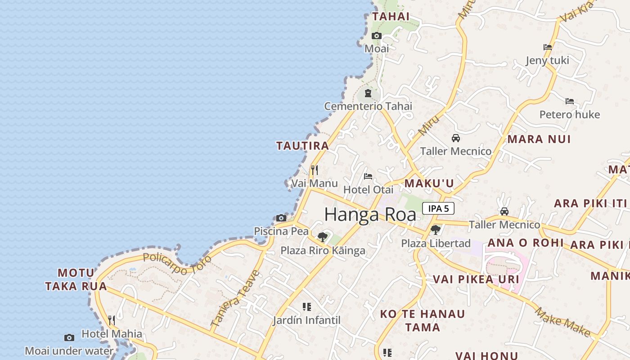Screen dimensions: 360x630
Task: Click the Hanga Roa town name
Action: click(370, 215)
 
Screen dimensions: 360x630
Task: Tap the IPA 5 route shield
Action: click(438, 208)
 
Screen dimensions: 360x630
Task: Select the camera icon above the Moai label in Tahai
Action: click(377, 36)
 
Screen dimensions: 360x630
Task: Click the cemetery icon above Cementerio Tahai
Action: click(368, 94)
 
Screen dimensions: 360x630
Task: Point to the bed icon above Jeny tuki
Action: click(548, 47)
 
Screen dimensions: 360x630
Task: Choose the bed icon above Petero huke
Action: click(570, 101)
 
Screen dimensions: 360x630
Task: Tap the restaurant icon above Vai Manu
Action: click(315, 170)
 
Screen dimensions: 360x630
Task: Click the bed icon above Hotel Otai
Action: click(368, 176)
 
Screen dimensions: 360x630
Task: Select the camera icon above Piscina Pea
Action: click(281, 218)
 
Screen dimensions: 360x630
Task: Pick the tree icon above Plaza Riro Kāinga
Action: click(322, 237)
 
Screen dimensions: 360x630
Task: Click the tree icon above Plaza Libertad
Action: click(435, 230)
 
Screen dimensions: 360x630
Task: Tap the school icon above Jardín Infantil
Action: click(307, 307)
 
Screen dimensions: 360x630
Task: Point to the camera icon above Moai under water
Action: click(69, 337)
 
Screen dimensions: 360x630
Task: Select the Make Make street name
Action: click(562, 322)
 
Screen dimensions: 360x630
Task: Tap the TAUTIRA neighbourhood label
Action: click(302, 146)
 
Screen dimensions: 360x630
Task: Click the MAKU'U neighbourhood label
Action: click(429, 184)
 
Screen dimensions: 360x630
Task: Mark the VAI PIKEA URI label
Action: click(476, 279)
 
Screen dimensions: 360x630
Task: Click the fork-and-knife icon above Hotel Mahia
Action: click(112, 320)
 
